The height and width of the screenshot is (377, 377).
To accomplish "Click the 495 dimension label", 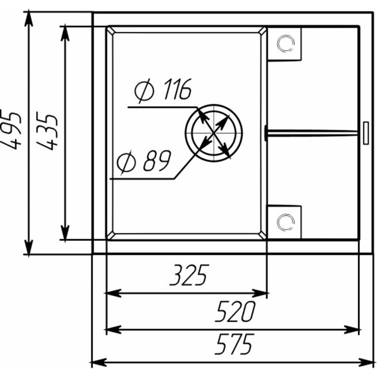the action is pos(11,129).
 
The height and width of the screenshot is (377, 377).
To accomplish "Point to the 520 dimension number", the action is pos(235,311).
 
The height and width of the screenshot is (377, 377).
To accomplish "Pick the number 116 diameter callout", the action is pos(178,89).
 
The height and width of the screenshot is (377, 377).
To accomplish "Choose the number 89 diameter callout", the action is pos(157,160).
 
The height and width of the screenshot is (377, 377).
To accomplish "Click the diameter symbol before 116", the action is pos(144,91).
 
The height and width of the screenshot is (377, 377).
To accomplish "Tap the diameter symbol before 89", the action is pos(127,162).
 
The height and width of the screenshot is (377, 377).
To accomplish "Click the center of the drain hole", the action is pos(214,133).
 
